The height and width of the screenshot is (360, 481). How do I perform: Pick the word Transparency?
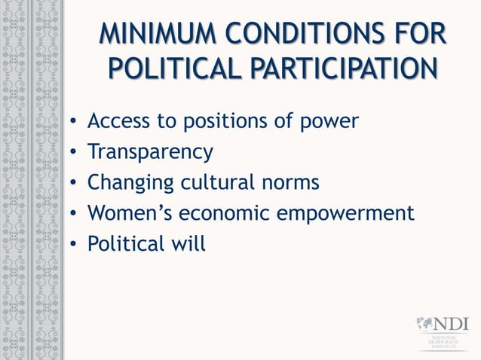(x=150, y=152)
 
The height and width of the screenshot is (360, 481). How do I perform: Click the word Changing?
(x=129, y=183)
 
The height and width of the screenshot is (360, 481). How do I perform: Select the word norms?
(x=290, y=183)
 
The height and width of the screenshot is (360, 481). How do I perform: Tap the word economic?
(x=229, y=213)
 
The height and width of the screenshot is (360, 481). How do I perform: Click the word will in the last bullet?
(x=188, y=243)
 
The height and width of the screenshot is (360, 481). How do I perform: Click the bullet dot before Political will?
(x=72, y=245)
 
